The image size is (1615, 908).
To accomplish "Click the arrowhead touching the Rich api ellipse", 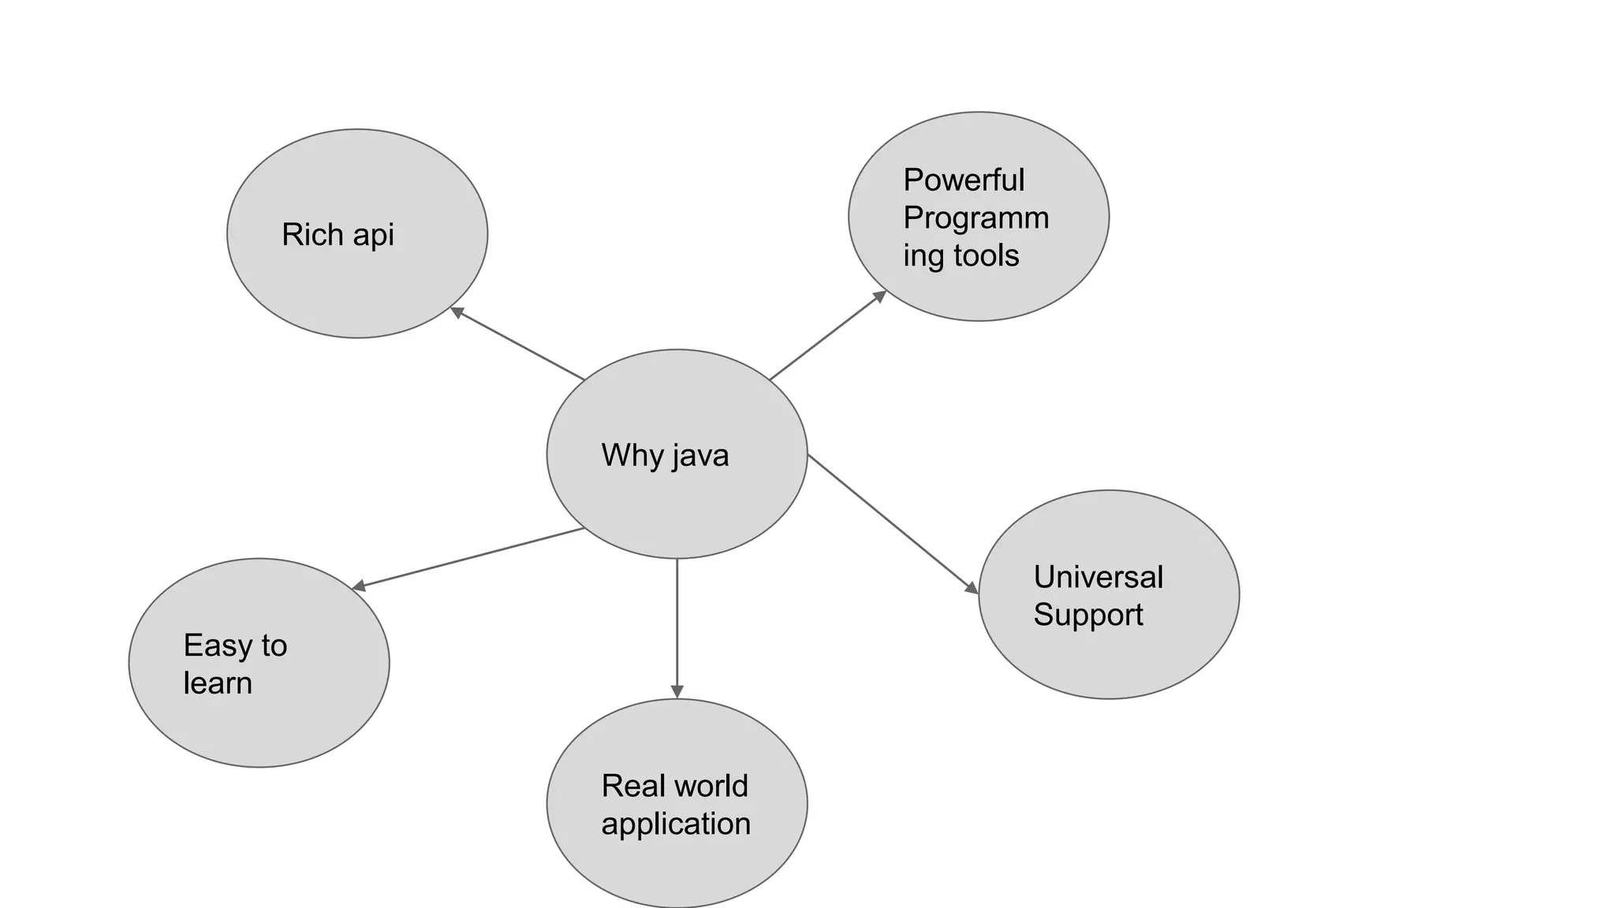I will coord(456,312).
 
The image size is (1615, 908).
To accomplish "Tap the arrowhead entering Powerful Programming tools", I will coord(880,296).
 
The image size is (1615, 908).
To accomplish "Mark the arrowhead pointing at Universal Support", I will coord(972,588).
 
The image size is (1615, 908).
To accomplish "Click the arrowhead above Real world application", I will coord(677,691).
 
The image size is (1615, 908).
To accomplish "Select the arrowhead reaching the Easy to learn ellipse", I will coord(358,586).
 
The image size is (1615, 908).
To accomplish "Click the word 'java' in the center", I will coord(701,456).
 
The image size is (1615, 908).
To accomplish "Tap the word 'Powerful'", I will coord(963,180).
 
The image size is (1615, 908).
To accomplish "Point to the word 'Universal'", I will coord(1098,577).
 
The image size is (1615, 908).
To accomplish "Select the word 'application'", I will coord(676,824).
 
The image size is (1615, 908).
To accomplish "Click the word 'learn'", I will coord(218,683).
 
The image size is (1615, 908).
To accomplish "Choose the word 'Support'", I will coord(1087,615).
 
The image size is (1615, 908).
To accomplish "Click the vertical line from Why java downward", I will coord(677,623).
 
